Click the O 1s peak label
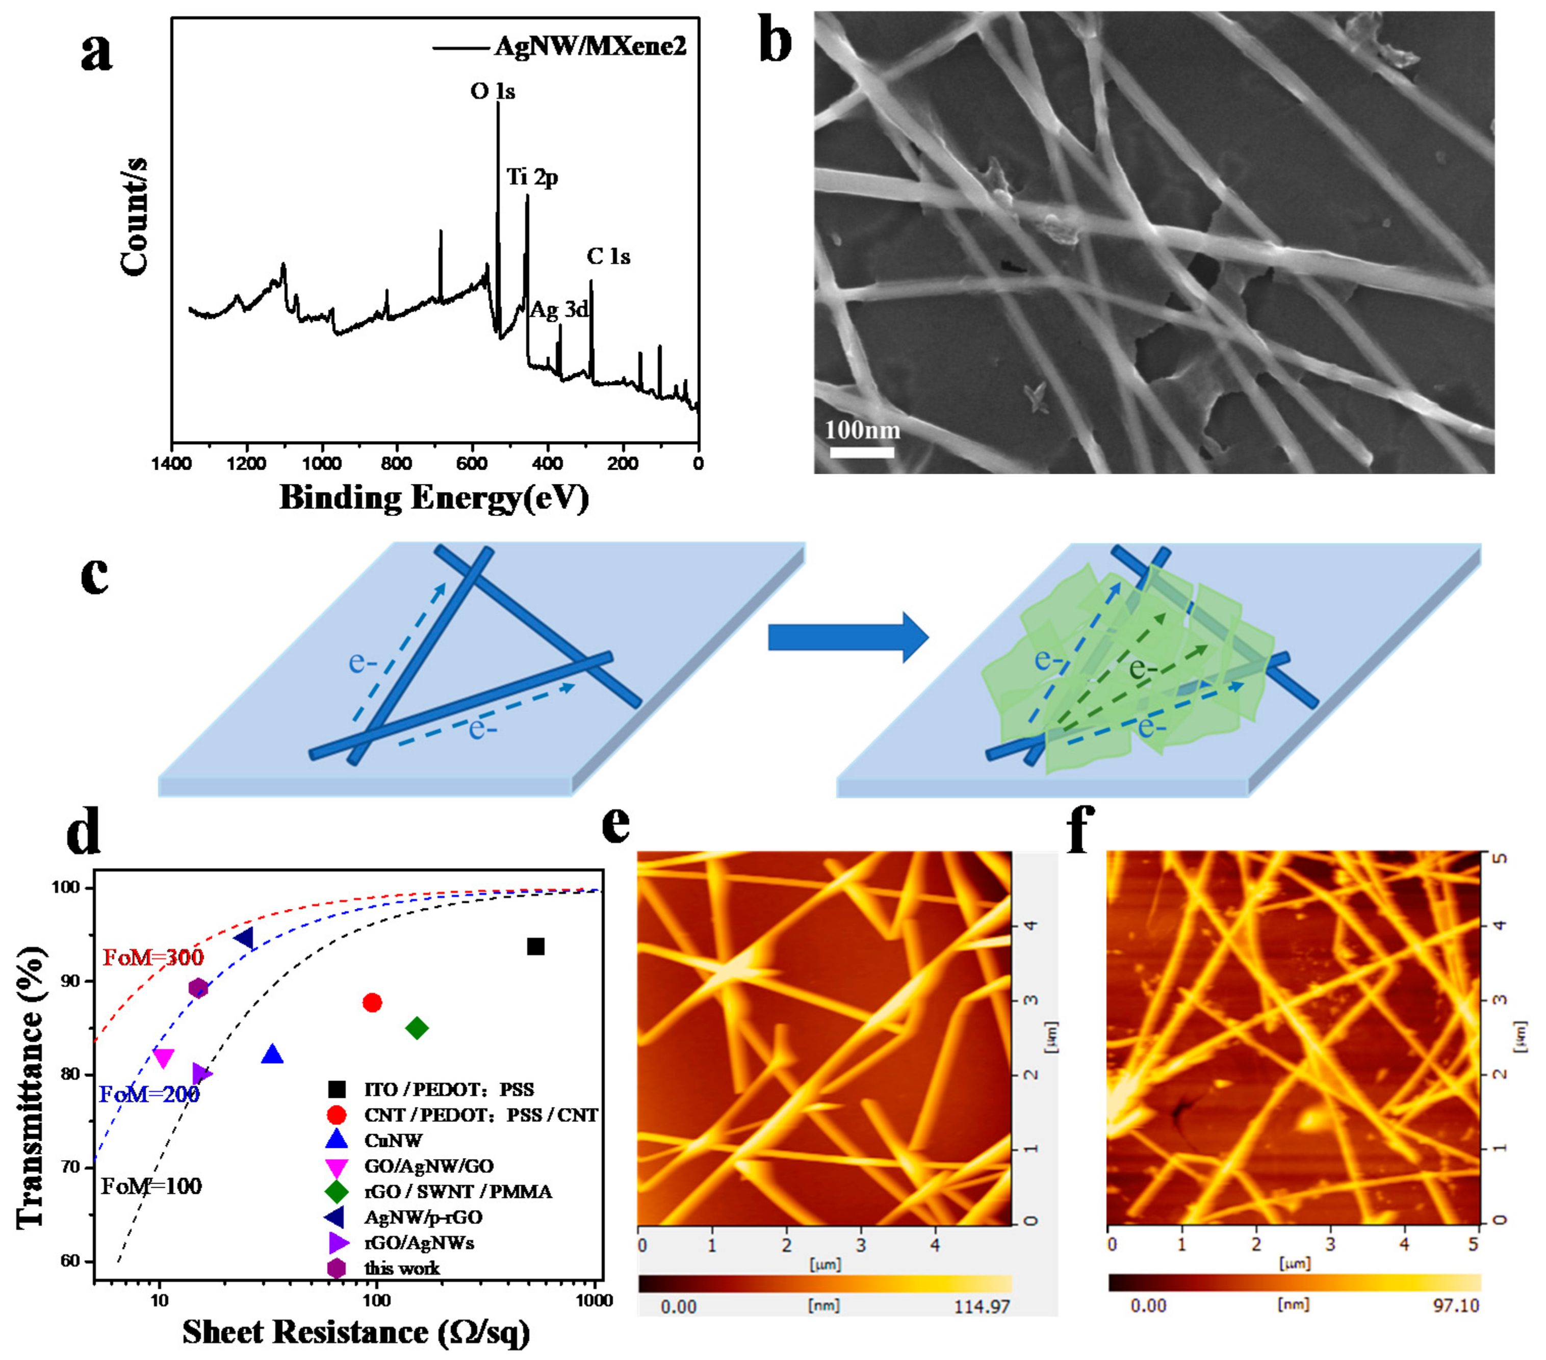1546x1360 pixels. pyautogui.click(x=493, y=91)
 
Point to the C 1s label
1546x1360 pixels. pyautogui.click(x=608, y=256)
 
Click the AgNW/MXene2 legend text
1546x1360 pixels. pyautogui.click(x=590, y=47)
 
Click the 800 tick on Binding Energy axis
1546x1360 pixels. pyautogui.click(x=396, y=463)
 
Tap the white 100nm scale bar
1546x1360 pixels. pyautogui.click(x=862, y=452)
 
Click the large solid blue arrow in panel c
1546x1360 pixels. pyautogui.click(x=847, y=637)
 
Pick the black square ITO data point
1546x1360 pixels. pyautogui.click(x=535, y=946)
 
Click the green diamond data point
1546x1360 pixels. pyautogui.click(x=417, y=1028)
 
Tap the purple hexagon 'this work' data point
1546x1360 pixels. pyautogui.click(x=198, y=988)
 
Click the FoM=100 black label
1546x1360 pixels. pyautogui.click(x=151, y=1186)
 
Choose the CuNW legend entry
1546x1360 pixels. pyautogui.click(x=393, y=1141)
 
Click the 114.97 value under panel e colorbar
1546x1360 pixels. pyautogui.click(x=981, y=1306)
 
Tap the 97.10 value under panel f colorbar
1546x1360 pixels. pyautogui.click(x=1455, y=1305)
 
